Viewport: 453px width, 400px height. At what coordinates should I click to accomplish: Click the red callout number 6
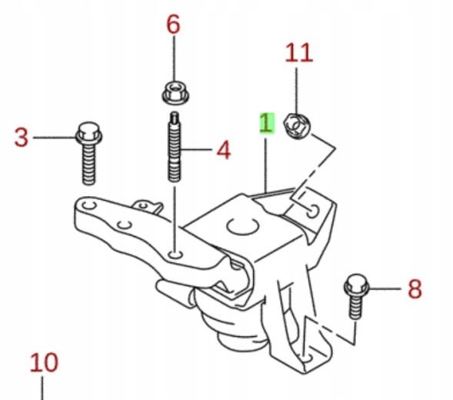[x=173, y=25]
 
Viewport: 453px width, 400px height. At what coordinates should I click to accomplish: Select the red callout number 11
[x=299, y=52]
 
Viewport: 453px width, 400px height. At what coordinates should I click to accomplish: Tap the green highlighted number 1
[x=266, y=123]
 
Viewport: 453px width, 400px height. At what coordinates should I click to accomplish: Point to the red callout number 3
[x=22, y=138]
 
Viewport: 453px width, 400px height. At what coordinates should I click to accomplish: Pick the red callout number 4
[x=224, y=150]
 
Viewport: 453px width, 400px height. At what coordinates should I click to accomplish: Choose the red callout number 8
[x=415, y=288]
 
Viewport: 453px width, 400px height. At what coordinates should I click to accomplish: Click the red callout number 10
[x=44, y=362]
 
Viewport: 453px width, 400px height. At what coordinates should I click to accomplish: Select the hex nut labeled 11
[x=297, y=126]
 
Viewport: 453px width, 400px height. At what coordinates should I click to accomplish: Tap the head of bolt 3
[x=89, y=133]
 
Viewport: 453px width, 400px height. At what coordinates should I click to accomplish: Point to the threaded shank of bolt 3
[x=88, y=165]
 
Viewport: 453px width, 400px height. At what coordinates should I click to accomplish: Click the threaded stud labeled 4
[x=174, y=147]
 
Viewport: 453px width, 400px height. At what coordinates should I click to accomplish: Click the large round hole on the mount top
[x=242, y=225]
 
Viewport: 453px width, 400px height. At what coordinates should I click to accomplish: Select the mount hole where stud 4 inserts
[x=175, y=255]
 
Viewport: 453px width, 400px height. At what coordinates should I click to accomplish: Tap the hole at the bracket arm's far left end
[x=88, y=205]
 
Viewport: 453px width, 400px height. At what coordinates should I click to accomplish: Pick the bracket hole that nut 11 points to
[x=312, y=212]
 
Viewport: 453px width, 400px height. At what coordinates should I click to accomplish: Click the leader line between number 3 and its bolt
[x=55, y=138]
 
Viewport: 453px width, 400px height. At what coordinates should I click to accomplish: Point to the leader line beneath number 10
[x=42, y=388]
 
